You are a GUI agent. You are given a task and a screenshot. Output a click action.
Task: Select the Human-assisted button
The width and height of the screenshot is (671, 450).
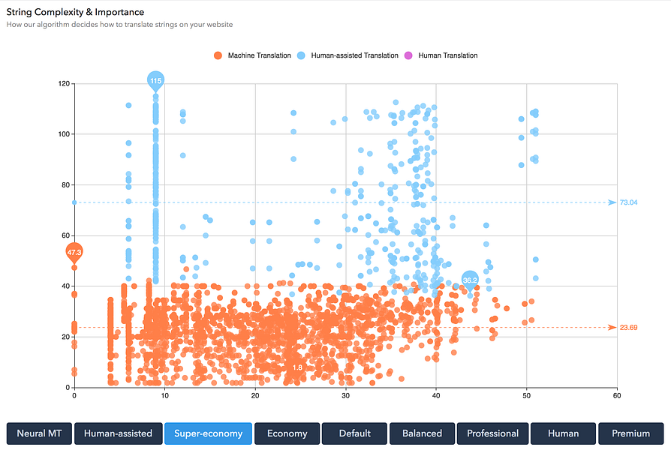(x=118, y=433)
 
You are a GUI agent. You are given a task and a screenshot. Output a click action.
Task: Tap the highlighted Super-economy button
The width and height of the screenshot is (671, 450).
(x=208, y=433)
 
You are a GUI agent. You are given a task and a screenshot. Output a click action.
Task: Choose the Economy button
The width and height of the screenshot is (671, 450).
(x=287, y=433)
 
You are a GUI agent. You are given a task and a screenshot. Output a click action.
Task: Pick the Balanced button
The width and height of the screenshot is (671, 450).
(x=422, y=433)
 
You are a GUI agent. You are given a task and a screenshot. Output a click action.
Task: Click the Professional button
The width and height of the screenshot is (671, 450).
(x=492, y=433)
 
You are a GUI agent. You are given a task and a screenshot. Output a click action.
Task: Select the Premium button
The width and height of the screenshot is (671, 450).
(x=630, y=433)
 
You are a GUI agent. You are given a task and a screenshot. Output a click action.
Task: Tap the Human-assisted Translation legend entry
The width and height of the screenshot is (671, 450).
(x=347, y=55)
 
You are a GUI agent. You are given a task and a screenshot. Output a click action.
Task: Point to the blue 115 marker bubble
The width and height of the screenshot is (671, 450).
(x=155, y=81)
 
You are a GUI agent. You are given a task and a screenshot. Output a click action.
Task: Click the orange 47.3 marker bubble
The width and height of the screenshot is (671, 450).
(x=74, y=252)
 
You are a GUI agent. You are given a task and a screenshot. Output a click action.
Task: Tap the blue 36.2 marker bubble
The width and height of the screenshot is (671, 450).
(x=470, y=280)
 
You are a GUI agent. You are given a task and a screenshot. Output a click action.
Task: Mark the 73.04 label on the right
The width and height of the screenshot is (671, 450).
(x=628, y=202)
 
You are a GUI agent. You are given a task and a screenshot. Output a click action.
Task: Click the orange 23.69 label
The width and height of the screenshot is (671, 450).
(x=628, y=327)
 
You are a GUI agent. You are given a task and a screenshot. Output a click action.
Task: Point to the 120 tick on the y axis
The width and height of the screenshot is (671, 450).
(x=64, y=83)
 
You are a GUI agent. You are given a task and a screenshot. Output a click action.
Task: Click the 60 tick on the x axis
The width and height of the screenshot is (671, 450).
(x=616, y=395)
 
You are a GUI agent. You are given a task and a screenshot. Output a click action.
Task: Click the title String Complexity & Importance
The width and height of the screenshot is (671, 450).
(x=75, y=12)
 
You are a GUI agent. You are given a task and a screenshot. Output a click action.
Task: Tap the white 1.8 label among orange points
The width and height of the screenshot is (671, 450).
(x=297, y=367)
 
